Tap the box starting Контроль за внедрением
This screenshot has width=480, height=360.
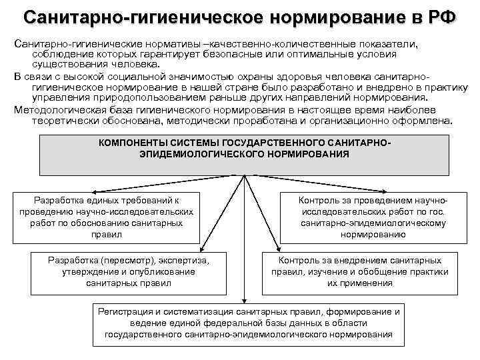pos(359,271)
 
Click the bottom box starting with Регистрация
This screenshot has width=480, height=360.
pos(249,323)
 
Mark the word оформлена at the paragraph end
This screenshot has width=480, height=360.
pos(426,121)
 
